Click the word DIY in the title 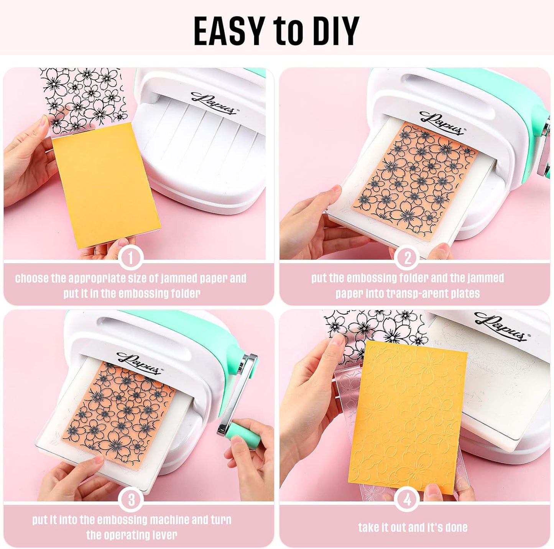click(x=330, y=31)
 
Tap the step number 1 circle click(x=131, y=258)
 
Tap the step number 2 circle click(x=407, y=258)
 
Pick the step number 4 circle click(x=407, y=500)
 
